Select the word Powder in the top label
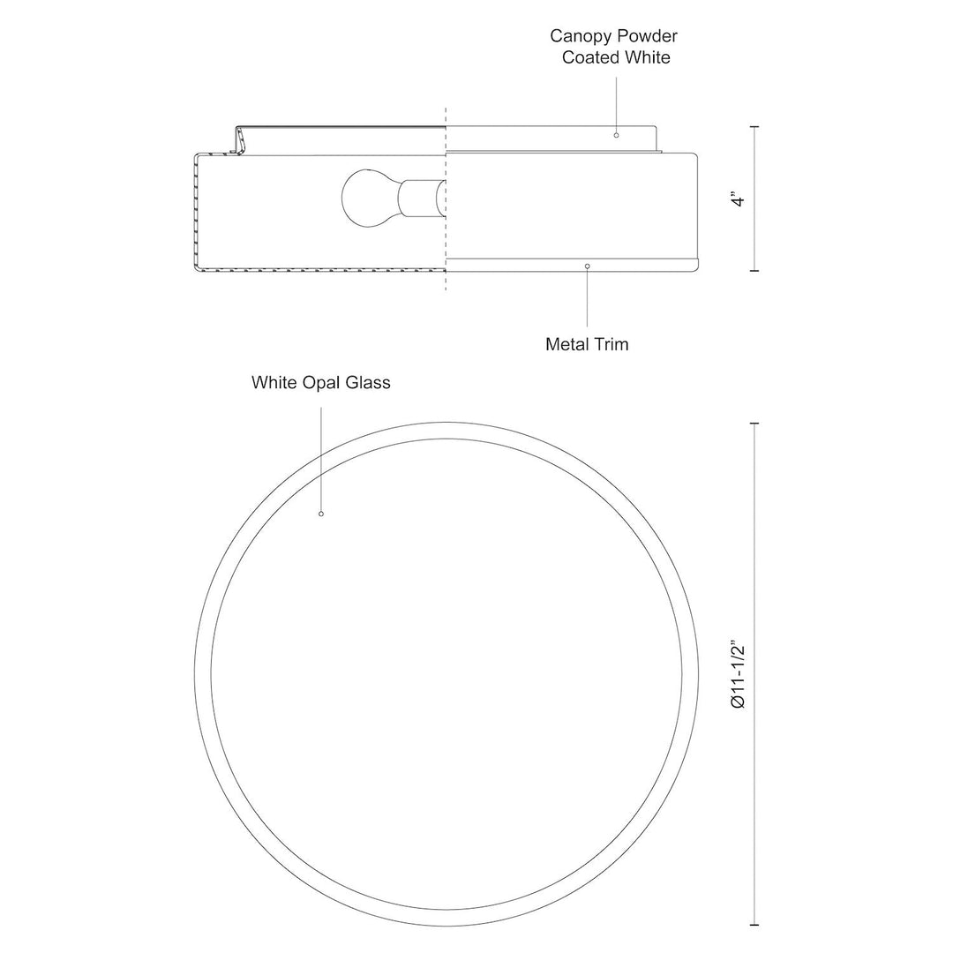pos(649,36)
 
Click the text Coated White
pos(616,57)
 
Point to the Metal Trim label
pos(587,344)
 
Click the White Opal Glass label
pos(320,383)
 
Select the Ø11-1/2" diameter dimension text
pos(739,679)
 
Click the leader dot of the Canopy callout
pos(616,135)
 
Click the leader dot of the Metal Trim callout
pos(588,266)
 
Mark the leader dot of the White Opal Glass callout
pos(321,514)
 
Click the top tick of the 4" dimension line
pos(754,127)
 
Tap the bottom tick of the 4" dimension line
pos(754,271)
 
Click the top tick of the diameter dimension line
pos(754,424)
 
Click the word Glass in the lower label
pos(369,383)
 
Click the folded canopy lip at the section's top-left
pos(236,140)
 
